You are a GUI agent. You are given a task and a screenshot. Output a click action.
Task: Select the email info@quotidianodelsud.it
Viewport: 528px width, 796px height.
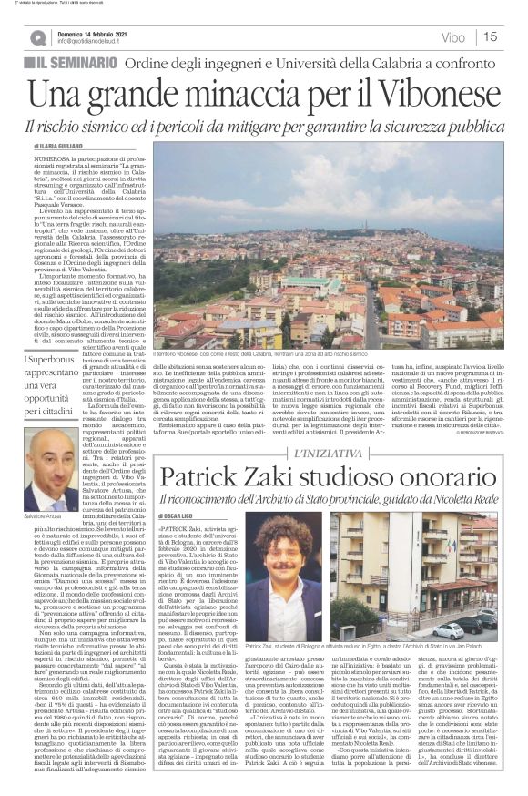[99, 42]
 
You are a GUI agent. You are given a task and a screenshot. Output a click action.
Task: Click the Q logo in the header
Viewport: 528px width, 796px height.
[37, 37]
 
